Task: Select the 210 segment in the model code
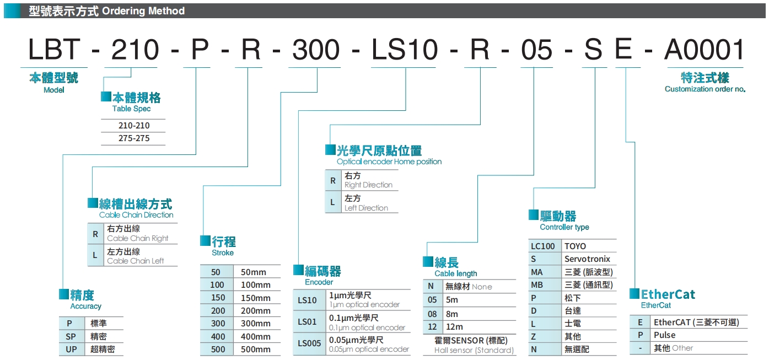[x=135, y=50]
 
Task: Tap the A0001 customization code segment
[x=704, y=50]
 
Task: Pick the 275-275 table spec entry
[x=134, y=138]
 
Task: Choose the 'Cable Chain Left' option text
[x=135, y=261]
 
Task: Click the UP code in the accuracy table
[x=72, y=349]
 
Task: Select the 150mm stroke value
[x=256, y=298]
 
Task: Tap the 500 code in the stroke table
[x=218, y=349]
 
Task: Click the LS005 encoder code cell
[x=309, y=343]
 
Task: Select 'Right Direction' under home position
[x=368, y=185]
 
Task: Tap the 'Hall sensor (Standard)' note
[x=474, y=350]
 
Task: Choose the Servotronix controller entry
[x=587, y=259]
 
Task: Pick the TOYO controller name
[x=575, y=246]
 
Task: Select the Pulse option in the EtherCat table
[x=664, y=335]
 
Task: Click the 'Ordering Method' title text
[x=143, y=11]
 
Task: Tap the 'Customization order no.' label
[x=705, y=89]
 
